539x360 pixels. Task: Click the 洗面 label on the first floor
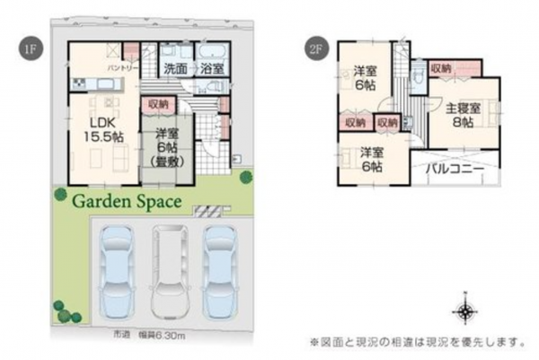(x=175, y=68)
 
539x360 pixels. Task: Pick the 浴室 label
(x=213, y=68)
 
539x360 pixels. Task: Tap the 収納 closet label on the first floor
(x=158, y=104)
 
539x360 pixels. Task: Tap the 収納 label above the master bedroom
(x=440, y=68)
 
